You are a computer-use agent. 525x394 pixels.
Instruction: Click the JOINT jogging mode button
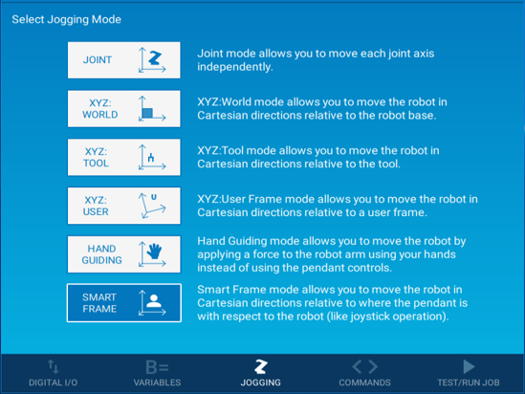[124, 60]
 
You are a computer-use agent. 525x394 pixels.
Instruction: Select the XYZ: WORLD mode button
[124, 109]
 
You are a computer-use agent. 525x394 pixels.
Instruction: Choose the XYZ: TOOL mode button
[124, 158]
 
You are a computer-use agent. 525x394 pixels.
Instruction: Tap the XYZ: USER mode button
[124, 206]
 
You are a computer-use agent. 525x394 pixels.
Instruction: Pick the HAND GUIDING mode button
[124, 254]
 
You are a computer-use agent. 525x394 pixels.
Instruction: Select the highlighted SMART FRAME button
[124, 303]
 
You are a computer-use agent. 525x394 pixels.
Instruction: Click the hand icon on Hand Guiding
[154, 252]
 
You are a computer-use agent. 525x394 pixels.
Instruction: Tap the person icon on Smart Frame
[154, 301]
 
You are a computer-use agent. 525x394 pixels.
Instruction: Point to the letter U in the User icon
[154, 197]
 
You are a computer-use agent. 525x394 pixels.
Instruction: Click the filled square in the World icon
[147, 113]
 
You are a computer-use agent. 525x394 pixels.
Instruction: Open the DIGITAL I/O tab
[54, 373]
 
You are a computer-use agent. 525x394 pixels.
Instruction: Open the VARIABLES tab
[157, 373]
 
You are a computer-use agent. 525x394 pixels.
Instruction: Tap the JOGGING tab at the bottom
[260, 373]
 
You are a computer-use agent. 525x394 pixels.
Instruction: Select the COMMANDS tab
[364, 373]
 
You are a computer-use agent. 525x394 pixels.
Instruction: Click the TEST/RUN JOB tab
[469, 373]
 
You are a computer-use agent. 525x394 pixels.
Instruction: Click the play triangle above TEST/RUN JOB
[469, 366]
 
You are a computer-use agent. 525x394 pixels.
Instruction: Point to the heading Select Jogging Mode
[67, 19]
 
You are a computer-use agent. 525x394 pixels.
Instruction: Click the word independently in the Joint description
[234, 67]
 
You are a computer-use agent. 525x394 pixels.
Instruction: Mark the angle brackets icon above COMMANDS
[364, 366]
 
